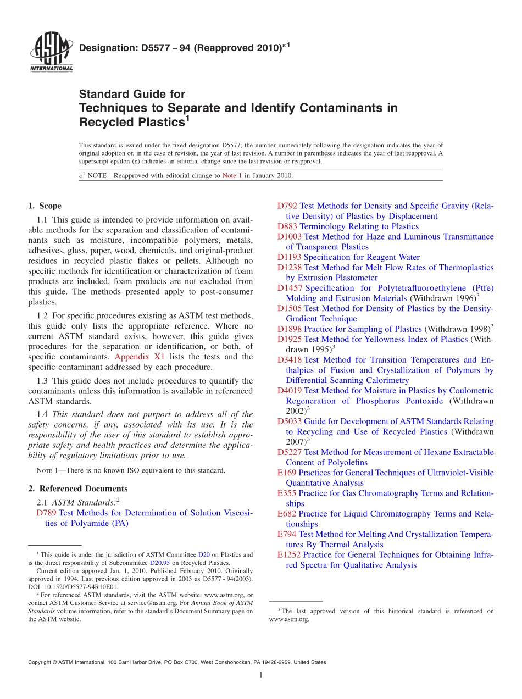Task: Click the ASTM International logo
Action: (x=51, y=52)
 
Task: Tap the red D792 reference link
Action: (x=287, y=206)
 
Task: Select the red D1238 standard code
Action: (x=290, y=268)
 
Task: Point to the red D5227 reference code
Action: (x=290, y=452)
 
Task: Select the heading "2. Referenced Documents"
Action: (x=77, y=489)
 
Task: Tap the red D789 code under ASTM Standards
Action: (x=46, y=513)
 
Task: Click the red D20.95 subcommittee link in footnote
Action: (x=158, y=563)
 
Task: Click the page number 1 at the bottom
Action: (x=261, y=675)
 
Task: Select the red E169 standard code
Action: (x=287, y=473)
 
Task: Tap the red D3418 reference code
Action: (x=290, y=360)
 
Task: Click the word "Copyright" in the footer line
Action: (x=42, y=662)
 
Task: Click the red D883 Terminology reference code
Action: (x=287, y=226)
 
